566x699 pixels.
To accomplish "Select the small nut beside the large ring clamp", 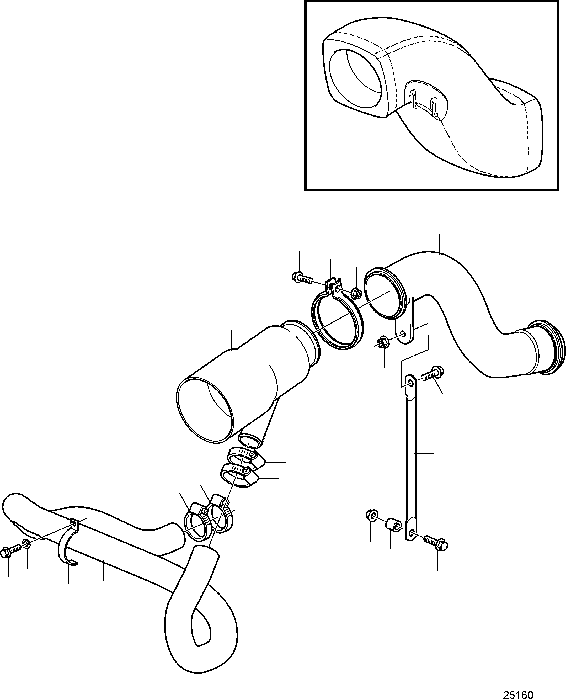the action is [x=357, y=294].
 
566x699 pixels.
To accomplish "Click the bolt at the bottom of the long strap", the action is [x=436, y=541].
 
